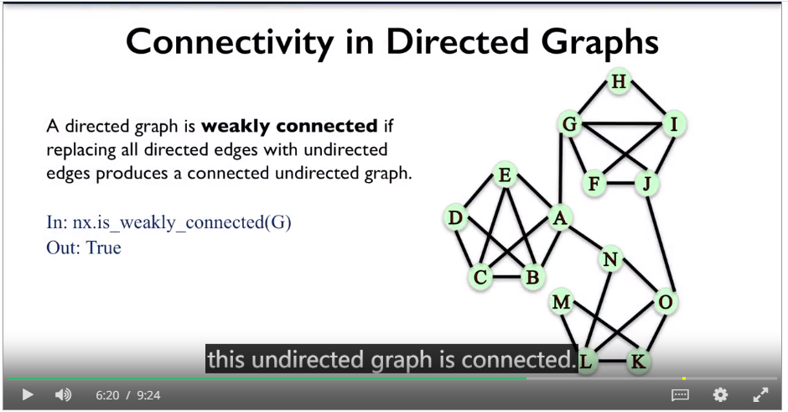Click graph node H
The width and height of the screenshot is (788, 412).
(619, 81)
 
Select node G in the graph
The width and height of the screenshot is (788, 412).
(570, 123)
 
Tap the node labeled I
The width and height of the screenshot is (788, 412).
(674, 123)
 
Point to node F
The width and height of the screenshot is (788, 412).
(594, 183)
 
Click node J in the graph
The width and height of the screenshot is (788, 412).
(647, 183)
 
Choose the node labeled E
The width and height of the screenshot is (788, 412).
(505, 175)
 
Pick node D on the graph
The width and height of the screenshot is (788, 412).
(456, 218)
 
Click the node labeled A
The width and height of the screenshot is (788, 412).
(560, 218)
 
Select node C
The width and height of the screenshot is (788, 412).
(480, 277)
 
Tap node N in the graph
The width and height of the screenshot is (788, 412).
(610, 259)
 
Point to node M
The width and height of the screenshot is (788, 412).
(562, 302)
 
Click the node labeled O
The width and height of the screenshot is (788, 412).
(666, 302)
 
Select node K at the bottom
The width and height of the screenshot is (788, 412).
(638, 361)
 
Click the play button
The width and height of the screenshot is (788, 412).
(28, 395)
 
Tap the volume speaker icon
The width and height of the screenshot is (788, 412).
(63, 395)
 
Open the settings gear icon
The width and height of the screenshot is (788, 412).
(720, 395)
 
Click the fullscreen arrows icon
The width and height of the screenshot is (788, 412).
(760, 395)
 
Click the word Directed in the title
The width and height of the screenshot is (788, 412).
(458, 42)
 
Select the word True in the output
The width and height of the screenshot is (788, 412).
(103, 248)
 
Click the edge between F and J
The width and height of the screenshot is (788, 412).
(620, 183)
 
